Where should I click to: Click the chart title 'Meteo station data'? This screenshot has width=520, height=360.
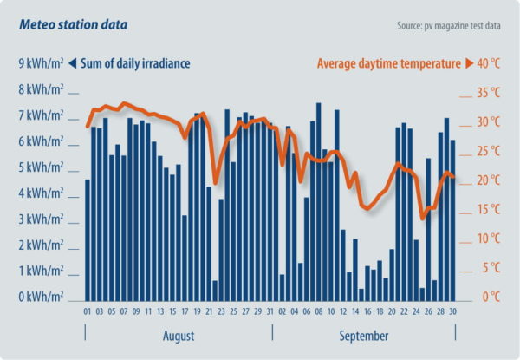click(x=73, y=24)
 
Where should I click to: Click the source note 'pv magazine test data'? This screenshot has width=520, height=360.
click(x=449, y=25)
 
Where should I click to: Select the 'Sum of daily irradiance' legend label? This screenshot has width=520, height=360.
click(x=136, y=62)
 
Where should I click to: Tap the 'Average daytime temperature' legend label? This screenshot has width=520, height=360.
click(x=389, y=62)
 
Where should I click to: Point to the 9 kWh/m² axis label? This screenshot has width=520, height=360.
click(x=41, y=62)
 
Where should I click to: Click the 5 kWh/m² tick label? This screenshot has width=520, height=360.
click(x=41, y=167)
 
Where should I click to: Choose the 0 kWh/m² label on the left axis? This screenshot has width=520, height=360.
click(x=41, y=297)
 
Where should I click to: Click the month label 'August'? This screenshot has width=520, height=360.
click(x=179, y=335)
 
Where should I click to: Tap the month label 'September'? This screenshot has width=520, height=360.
click(x=364, y=335)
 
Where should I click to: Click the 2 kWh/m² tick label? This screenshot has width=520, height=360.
click(x=41, y=245)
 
